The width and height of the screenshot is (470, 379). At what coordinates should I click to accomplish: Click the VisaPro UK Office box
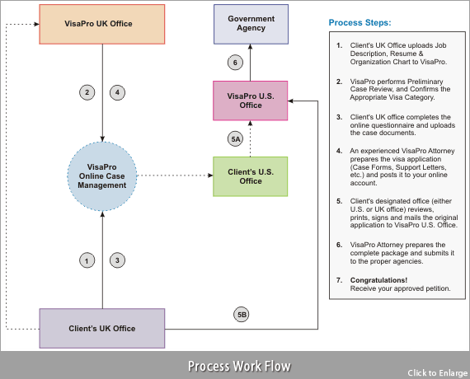click(x=102, y=24)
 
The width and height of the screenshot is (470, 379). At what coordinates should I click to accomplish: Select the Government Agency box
click(x=251, y=24)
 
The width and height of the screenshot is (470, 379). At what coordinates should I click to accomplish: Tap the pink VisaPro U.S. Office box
click(x=251, y=101)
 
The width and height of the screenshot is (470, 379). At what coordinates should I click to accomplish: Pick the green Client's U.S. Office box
click(x=251, y=176)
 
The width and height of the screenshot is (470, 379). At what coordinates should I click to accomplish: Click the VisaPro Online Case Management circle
click(x=102, y=176)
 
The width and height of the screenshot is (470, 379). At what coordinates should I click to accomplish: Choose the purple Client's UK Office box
click(x=102, y=329)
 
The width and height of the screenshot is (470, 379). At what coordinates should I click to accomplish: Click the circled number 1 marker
click(x=87, y=260)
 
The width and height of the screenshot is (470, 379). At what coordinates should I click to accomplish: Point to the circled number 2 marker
click(x=87, y=92)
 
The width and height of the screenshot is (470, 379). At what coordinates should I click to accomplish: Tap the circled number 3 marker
click(x=117, y=260)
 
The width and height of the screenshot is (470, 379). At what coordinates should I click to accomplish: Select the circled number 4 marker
click(x=117, y=92)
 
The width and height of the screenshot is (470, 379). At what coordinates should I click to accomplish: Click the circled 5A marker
click(x=235, y=139)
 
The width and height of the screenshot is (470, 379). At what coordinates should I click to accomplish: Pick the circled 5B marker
click(x=242, y=315)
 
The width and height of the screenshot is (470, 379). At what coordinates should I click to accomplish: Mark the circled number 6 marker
click(x=235, y=63)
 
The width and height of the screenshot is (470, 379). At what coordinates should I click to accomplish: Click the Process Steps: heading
click(x=360, y=23)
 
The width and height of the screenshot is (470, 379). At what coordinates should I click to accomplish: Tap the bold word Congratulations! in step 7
click(x=378, y=280)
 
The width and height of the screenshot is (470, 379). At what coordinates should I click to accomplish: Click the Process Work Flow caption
click(x=239, y=366)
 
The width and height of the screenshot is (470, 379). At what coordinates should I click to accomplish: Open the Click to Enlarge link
click(x=437, y=373)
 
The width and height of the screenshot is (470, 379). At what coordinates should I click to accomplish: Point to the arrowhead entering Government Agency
click(x=251, y=47)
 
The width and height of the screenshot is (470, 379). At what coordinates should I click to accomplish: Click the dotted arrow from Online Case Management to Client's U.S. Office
click(x=175, y=175)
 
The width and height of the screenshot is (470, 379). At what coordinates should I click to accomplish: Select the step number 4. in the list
click(x=340, y=151)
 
